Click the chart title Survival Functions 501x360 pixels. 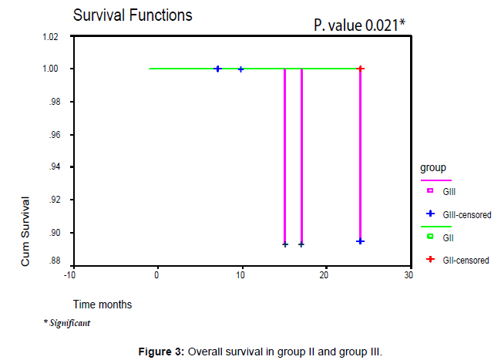click(x=132, y=15)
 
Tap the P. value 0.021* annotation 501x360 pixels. click(x=358, y=25)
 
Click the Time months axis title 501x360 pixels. click(x=103, y=304)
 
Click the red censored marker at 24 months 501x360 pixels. click(x=361, y=69)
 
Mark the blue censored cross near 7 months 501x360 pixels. click(x=217, y=69)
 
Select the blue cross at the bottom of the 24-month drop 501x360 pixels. click(x=360, y=241)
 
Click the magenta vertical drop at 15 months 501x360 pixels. click(x=285, y=154)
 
